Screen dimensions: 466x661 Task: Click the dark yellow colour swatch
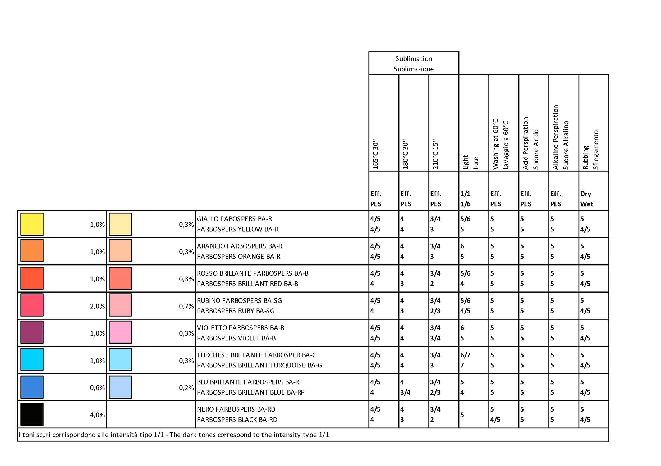32,224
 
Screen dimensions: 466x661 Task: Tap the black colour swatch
32,414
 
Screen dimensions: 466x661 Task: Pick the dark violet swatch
32,332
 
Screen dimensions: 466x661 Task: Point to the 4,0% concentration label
97,415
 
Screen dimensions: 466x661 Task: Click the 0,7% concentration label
186,306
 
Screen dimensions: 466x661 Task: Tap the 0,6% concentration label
97,388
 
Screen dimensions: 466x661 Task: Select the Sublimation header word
414,59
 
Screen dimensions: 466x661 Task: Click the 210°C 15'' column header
435,156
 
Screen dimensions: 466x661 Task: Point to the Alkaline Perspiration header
555,137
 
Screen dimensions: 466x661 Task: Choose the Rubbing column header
585,158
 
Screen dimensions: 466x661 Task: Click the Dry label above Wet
586,194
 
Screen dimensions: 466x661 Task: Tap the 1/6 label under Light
465,204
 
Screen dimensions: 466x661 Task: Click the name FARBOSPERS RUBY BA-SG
236,311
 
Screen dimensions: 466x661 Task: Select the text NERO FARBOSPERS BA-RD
236,409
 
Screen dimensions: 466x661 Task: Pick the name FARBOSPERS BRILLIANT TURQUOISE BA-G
259,365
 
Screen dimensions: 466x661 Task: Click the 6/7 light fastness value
465,355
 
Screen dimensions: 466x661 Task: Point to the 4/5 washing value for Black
495,420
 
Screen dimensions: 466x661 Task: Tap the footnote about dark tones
174,435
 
